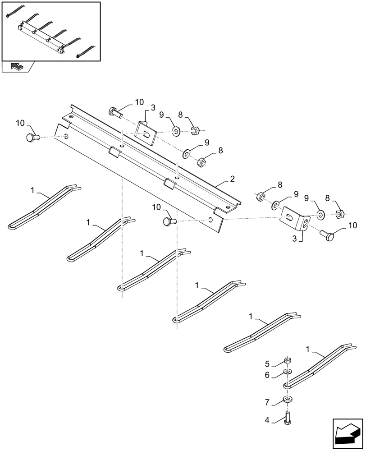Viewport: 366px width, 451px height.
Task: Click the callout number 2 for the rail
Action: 232,179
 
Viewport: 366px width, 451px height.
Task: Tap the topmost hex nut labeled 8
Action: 195,131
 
